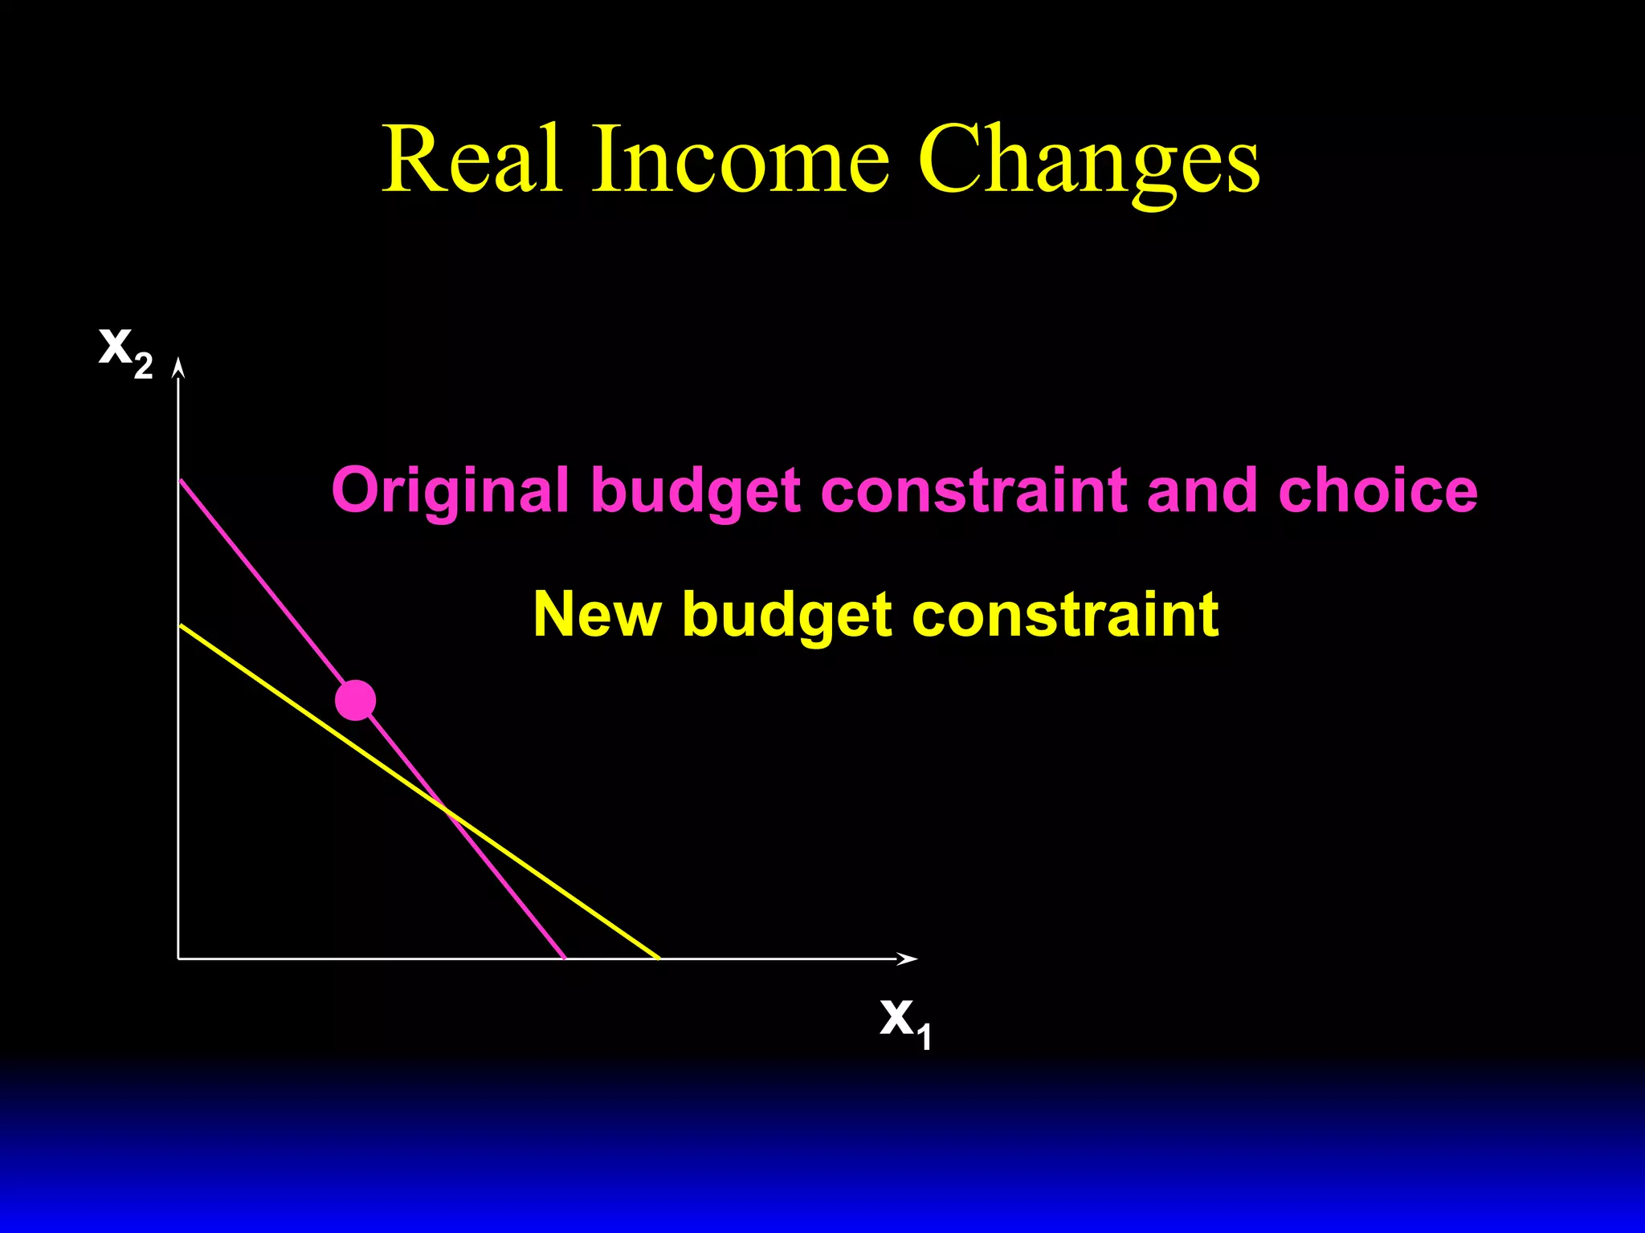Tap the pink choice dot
point(355,700)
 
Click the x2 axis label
point(125,350)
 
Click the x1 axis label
point(905,1021)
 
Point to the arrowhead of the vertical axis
point(179,368)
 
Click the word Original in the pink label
point(450,491)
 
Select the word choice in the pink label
point(1378,490)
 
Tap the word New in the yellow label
point(597,614)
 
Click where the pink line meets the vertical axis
point(180,479)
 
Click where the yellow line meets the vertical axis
point(180,625)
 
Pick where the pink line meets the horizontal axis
point(565,958)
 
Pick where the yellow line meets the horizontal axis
point(659,958)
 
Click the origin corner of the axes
point(178,958)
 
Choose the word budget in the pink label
point(696,491)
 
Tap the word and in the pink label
point(1202,490)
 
